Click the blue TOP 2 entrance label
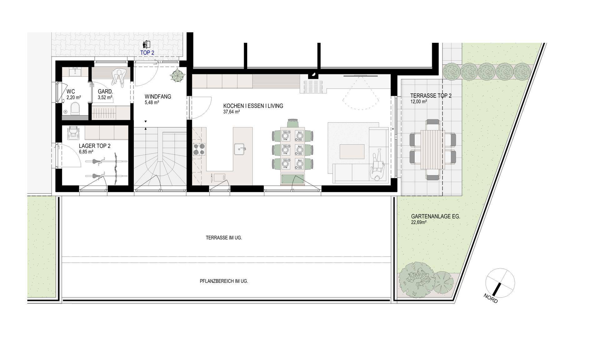click(147, 53)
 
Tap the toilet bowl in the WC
click(75, 109)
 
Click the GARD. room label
click(105, 92)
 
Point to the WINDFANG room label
click(158, 97)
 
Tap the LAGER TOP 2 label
click(94, 146)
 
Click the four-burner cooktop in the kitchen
click(199, 149)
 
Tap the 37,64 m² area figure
click(232, 112)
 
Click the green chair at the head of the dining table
click(292, 123)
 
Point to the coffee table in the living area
click(352, 152)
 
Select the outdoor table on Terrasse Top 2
click(432, 149)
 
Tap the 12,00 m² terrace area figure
click(418, 102)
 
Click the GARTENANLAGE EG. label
click(436, 216)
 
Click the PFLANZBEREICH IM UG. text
click(224, 281)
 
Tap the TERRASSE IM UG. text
click(224, 238)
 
